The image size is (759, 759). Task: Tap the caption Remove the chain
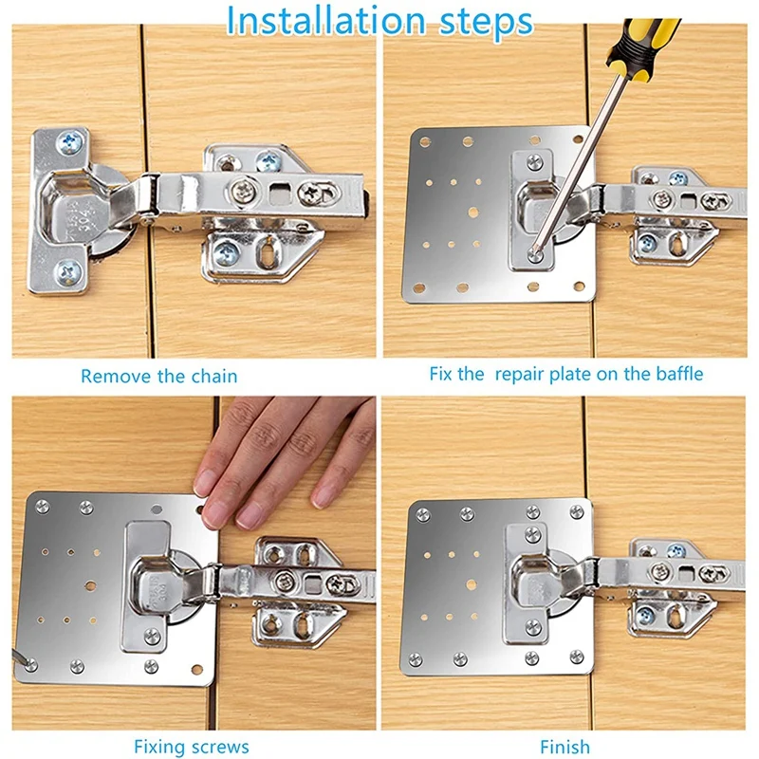click(x=158, y=376)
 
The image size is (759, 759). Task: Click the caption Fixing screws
click(x=192, y=747)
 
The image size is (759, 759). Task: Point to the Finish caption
click(x=565, y=747)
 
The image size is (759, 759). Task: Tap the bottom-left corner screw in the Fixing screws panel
click(x=31, y=664)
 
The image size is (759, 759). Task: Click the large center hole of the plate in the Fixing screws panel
click(x=92, y=584)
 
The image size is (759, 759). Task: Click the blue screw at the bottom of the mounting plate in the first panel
click(x=229, y=252)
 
